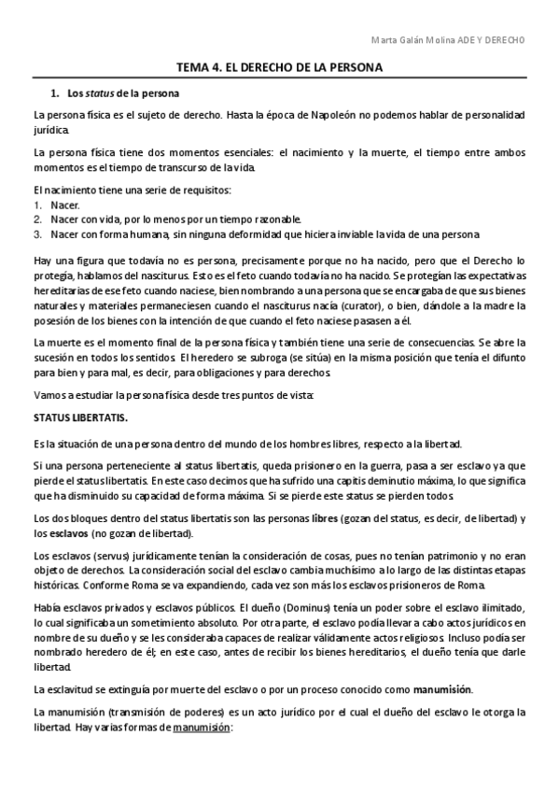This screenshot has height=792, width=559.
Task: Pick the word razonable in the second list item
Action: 275,219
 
